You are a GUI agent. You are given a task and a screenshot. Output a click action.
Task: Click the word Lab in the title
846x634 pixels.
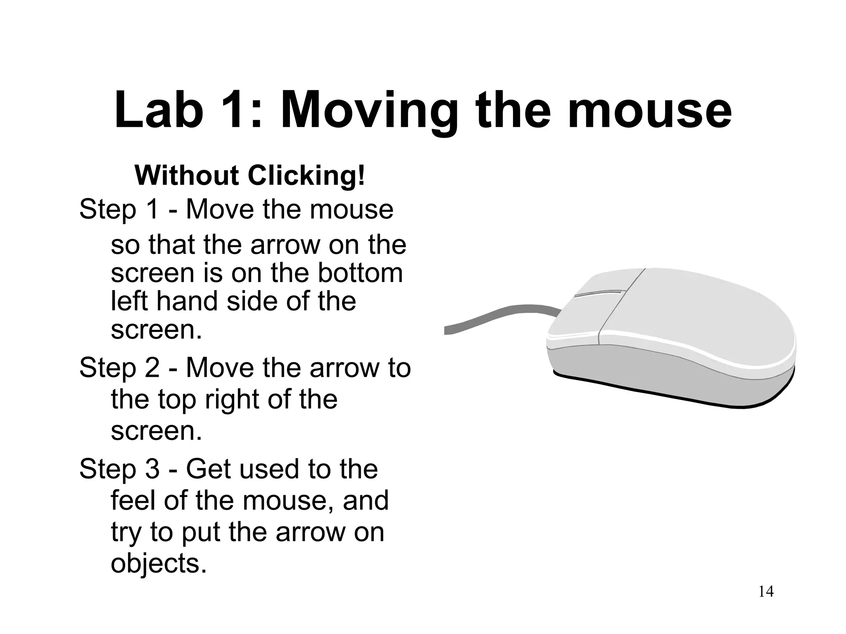159,110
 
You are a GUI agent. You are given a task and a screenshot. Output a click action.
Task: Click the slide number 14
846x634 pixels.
766,591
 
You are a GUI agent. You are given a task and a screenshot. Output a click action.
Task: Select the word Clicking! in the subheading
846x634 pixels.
306,176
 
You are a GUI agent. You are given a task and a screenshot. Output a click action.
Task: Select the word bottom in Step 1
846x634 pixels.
360,273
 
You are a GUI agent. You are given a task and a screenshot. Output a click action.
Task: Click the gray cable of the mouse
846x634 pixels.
496,318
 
